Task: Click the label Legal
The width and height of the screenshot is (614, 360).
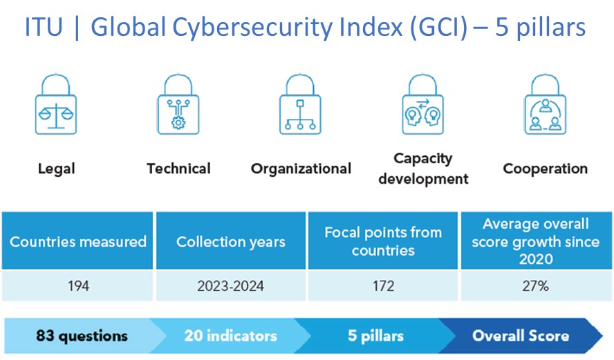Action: click(x=56, y=168)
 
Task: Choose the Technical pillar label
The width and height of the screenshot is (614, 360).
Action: click(x=178, y=168)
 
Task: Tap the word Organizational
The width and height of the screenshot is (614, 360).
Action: click(x=301, y=168)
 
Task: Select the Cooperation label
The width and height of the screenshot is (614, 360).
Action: click(x=546, y=168)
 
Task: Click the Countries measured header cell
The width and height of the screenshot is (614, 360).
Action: click(x=78, y=242)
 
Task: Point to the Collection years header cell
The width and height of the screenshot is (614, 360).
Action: click(x=231, y=242)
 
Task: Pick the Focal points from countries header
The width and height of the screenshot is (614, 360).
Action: click(x=383, y=241)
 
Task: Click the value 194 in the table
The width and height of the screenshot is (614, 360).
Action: click(x=78, y=285)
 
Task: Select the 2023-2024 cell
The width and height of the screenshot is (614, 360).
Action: click(x=231, y=285)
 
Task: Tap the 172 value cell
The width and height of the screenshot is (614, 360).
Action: click(x=383, y=285)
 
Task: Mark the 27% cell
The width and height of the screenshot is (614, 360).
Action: click(x=535, y=285)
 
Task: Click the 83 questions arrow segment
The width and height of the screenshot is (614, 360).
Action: click(x=82, y=337)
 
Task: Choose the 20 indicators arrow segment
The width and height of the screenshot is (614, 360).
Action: click(x=230, y=337)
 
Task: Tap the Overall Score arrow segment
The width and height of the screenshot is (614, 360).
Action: click(x=521, y=337)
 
